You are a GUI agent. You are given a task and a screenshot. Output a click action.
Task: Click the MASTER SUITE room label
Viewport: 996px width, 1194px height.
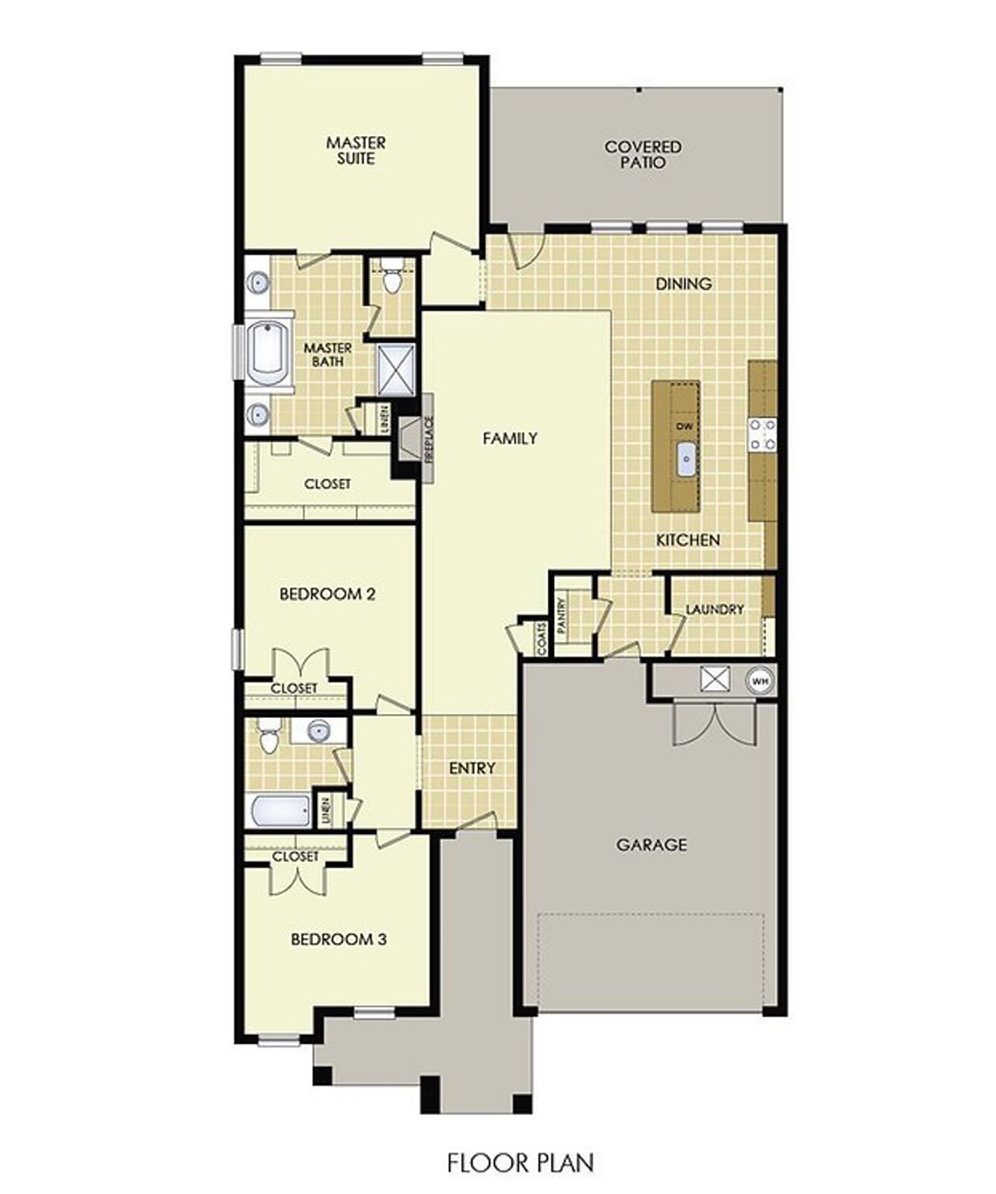[356, 151]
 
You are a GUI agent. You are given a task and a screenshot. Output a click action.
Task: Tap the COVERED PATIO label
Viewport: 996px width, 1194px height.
[643, 155]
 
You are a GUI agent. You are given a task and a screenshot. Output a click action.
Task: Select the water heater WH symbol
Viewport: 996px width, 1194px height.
[760, 681]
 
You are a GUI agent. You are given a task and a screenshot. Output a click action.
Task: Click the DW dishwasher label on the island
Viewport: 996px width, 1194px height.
[685, 426]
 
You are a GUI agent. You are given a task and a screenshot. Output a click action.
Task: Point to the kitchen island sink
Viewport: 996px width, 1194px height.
[686, 460]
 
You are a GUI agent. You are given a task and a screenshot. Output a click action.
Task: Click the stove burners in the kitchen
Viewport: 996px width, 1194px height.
[761, 435]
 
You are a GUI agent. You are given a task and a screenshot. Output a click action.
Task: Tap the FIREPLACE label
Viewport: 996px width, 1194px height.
[428, 439]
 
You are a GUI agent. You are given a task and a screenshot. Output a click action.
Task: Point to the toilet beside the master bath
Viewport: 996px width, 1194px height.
[393, 279]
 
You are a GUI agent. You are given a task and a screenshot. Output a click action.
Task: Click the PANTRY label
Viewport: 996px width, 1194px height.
[563, 613]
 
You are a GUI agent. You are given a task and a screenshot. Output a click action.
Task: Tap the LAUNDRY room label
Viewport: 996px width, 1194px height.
[714, 609]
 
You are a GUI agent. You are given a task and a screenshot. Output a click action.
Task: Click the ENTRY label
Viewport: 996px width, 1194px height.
[472, 769]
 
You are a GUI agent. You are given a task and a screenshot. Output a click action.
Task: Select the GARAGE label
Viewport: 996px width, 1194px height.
[651, 844]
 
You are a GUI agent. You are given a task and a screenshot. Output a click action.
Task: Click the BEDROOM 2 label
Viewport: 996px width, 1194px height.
[328, 594]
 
